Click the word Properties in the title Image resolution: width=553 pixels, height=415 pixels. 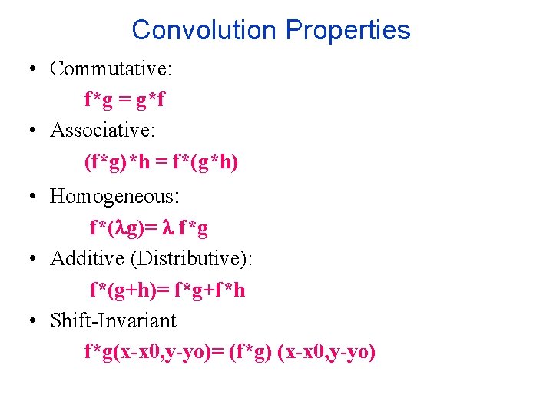point(348,31)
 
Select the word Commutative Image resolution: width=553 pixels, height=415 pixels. point(111,68)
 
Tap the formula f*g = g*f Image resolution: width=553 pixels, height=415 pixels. point(125,100)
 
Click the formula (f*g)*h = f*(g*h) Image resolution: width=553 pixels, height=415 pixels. point(161,163)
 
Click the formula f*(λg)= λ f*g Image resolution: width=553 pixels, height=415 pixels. point(149,227)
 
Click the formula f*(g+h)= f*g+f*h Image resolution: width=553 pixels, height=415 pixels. point(167,290)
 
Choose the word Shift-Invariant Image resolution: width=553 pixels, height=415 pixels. point(113,320)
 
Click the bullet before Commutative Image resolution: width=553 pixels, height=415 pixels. point(28,69)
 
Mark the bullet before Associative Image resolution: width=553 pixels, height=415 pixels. point(28,131)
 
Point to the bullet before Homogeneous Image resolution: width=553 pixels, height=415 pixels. point(28,197)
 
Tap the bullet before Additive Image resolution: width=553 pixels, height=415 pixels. point(28,259)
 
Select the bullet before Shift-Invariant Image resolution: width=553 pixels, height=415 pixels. point(28,321)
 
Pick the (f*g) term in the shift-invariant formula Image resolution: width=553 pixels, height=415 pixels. point(251,352)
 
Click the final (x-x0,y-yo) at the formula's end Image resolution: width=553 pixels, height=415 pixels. point(327,352)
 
